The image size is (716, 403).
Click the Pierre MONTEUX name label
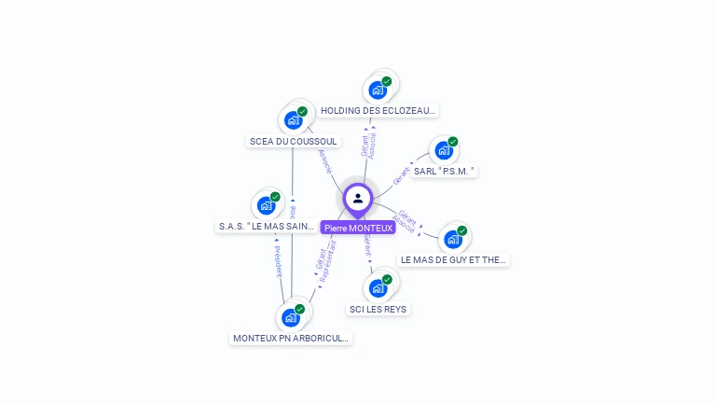358,228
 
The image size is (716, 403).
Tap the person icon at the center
358,198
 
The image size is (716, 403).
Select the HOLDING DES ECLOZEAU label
378,110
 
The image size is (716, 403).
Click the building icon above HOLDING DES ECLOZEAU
378,90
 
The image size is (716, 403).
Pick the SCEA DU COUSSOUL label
294,141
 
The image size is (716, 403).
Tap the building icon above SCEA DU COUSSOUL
293,120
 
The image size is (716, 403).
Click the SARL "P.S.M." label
445,171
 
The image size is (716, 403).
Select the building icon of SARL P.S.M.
444,150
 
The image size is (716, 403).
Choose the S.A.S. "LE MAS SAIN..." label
267,226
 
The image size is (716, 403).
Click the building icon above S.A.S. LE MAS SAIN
266,205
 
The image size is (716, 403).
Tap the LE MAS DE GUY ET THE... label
453,259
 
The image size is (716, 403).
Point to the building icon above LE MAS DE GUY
453,240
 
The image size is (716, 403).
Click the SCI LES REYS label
378,309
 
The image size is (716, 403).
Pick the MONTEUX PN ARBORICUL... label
291,338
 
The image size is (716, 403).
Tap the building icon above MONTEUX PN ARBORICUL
291,318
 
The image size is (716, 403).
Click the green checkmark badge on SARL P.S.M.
453,142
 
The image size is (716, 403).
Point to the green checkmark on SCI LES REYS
387,280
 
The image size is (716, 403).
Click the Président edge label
278,261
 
